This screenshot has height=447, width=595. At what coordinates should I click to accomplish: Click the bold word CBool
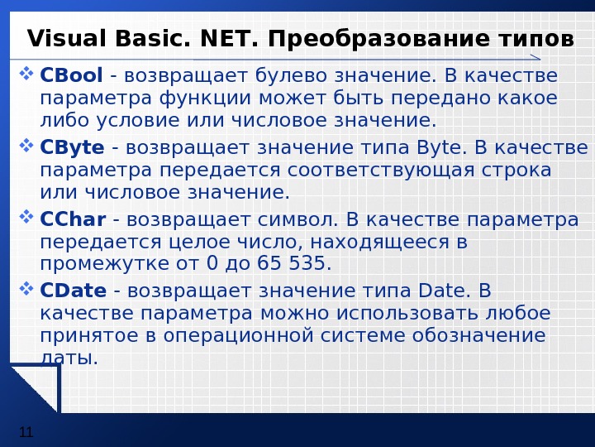(71, 77)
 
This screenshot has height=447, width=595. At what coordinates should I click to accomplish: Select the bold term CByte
(72, 148)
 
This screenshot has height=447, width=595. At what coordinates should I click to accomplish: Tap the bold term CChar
(73, 219)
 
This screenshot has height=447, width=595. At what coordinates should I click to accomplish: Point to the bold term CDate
(74, 291)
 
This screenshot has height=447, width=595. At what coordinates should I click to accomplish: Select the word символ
(296, 219)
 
